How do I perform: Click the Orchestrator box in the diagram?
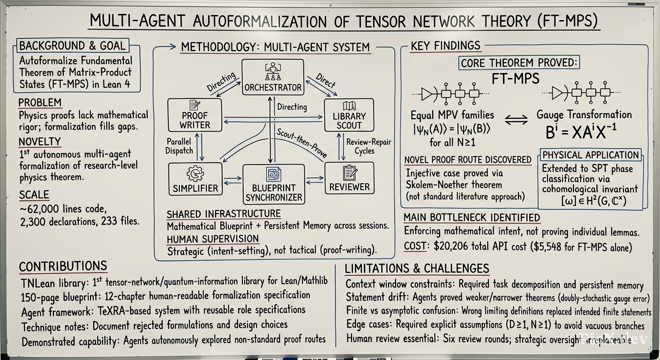point(273,77)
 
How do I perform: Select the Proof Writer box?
point(195,115)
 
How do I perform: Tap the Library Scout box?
point(349,115)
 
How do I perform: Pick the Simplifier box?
point(195,179)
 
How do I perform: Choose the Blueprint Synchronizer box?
point(274,184)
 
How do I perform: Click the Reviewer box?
point(349,178)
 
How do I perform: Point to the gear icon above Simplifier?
point(195,173)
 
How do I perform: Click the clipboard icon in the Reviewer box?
point(350,172)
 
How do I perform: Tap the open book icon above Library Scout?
point(349,106)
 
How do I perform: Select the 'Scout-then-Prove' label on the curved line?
point(301,143)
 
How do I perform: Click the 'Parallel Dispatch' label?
point(179,146)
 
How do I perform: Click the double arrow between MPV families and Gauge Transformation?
point(516,120)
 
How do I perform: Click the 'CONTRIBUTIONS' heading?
point(63,266)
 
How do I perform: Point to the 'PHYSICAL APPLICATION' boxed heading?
point(591,155)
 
